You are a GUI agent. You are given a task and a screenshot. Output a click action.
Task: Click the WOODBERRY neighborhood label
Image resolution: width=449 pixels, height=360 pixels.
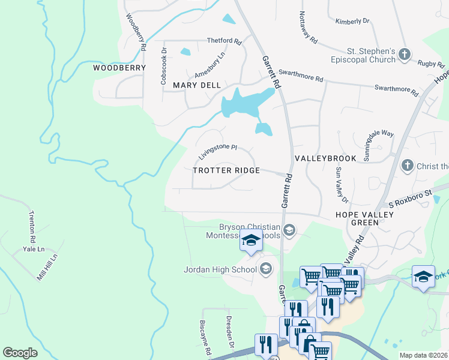(x=119, y=68)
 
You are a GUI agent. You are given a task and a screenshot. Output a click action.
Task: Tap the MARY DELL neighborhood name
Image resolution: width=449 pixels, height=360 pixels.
(x=197, y=85)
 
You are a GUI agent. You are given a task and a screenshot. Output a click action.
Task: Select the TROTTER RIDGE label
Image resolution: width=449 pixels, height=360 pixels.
(x=226, y=170)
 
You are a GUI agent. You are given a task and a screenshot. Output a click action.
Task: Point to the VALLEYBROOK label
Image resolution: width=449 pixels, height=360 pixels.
(x=325, y=158)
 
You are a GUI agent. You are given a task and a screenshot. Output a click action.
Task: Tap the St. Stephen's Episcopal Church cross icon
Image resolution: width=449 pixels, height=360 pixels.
(x=405, y=55)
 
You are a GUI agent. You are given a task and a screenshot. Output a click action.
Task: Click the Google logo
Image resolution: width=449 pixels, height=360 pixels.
(x=20, y=353)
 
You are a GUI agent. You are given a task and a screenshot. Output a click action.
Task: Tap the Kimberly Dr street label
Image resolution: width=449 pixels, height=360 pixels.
(x=352, y=21)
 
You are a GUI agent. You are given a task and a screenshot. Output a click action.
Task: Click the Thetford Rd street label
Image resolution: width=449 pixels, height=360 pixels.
(x=224, y=42)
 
